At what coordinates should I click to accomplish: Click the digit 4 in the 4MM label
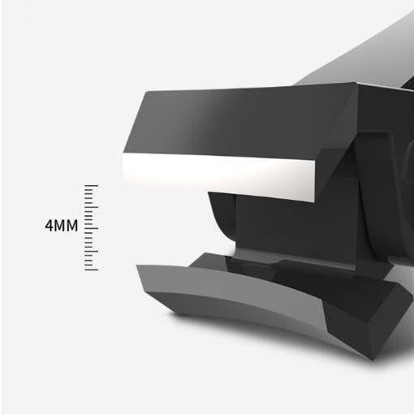click(x=50, y=226)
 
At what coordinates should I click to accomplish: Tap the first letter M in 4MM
click(x=61, y=226)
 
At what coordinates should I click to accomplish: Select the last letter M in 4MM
click(x=72, y=226)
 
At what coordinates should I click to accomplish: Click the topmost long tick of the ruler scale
click(x=91, y=186)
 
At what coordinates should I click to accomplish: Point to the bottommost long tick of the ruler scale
click(x=91, y=270)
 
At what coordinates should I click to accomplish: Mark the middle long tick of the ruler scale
click(x=91, y=228)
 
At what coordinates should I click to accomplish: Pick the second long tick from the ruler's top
click(x=91, y=207)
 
